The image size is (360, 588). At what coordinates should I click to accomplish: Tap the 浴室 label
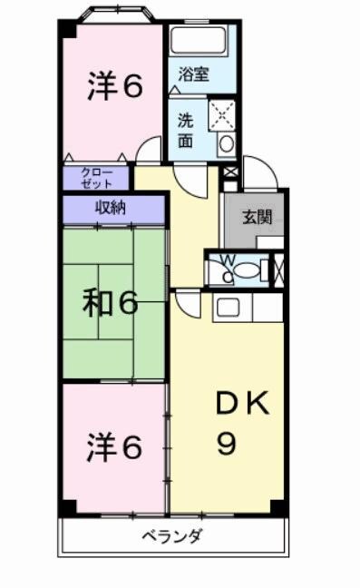(193, 74)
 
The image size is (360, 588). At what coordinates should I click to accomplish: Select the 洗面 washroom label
(185, 130)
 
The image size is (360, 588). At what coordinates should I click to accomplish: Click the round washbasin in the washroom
(227, 143)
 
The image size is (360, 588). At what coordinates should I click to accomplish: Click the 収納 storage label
(112, 207)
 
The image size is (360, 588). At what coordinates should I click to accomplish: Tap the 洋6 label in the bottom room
(114, 446)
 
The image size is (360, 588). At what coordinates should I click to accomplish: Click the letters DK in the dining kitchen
(240, 406)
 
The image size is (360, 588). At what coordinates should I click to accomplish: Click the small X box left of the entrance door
(229, 172)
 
